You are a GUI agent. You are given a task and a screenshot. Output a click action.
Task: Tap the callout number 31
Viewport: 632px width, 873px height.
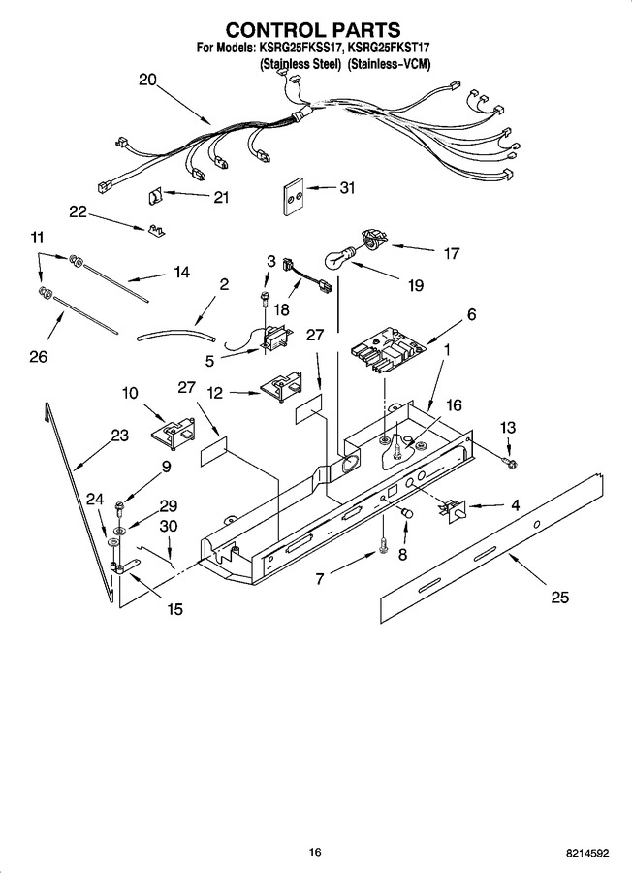(347, 188)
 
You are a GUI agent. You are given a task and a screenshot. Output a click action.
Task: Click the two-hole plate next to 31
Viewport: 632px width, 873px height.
(293, 197)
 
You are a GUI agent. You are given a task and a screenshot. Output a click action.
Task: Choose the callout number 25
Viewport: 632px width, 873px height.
(559, 597)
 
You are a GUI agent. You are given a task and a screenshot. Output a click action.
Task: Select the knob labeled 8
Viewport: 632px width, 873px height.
(409, 512)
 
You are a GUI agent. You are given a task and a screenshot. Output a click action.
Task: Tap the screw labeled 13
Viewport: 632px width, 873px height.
(509, 462)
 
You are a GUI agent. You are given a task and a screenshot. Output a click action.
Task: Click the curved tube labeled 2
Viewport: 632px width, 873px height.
(176, 336)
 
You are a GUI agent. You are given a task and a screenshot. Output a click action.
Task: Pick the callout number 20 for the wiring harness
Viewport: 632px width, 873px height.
(147, 80)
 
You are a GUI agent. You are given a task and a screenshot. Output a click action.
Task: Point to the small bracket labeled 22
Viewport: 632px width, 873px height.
(157, 231)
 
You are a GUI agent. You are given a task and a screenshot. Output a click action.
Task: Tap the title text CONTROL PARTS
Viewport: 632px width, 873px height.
(313, 29)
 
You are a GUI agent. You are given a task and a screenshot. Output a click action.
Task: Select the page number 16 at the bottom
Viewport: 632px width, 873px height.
(315, 852)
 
